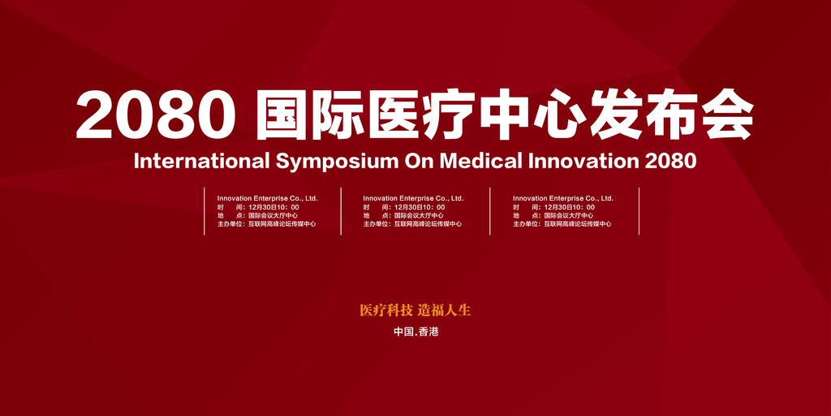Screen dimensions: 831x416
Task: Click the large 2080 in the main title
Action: point(157,115)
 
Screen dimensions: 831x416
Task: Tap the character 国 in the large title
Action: point(282,115)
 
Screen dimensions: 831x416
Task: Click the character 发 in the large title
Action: point(616,115)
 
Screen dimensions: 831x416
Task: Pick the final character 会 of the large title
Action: point(727,115)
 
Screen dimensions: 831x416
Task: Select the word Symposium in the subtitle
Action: point(337,162)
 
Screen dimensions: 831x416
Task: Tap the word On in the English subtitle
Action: point(420,161)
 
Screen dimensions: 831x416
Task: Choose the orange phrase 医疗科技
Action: point(385,310)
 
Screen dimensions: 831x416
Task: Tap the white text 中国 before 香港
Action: point(403,332)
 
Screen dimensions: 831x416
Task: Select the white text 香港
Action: point(428,332)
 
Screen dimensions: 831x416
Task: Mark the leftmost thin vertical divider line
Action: point(204,210)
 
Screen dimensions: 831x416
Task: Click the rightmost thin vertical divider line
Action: point(639,210)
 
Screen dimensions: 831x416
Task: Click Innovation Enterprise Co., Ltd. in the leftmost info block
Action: point(267,198)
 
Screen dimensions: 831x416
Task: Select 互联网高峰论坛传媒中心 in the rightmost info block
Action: point(578,224)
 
